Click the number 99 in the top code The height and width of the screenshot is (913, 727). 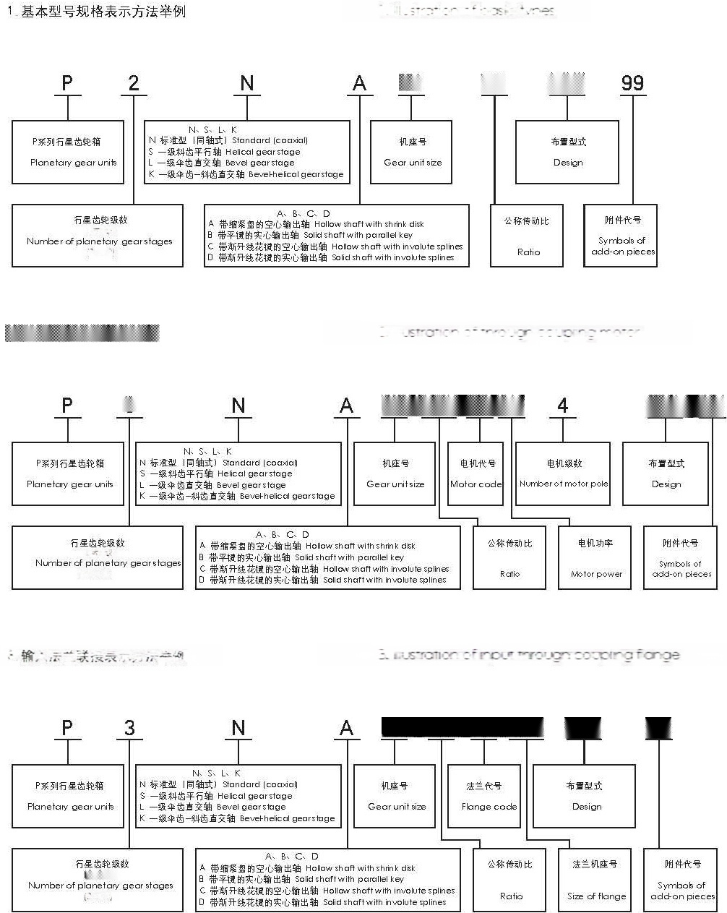coord(632,82)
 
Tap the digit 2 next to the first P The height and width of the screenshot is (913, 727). coord(134,82)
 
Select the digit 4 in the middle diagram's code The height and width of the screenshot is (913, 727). coord(562,406)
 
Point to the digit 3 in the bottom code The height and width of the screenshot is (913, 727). coord(129,727)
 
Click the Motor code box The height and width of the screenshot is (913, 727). coord(476,473)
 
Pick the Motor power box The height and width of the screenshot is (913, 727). coord(595,557)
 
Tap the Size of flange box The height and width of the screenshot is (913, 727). coord(595,880)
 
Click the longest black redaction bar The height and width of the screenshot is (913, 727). coord(462,727)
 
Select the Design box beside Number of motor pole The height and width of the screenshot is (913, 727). coord(666,473)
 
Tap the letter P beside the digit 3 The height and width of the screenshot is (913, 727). coord(67,727)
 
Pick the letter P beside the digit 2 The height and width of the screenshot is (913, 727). coord(67,82)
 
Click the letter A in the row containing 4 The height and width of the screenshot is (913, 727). coord(347,406)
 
